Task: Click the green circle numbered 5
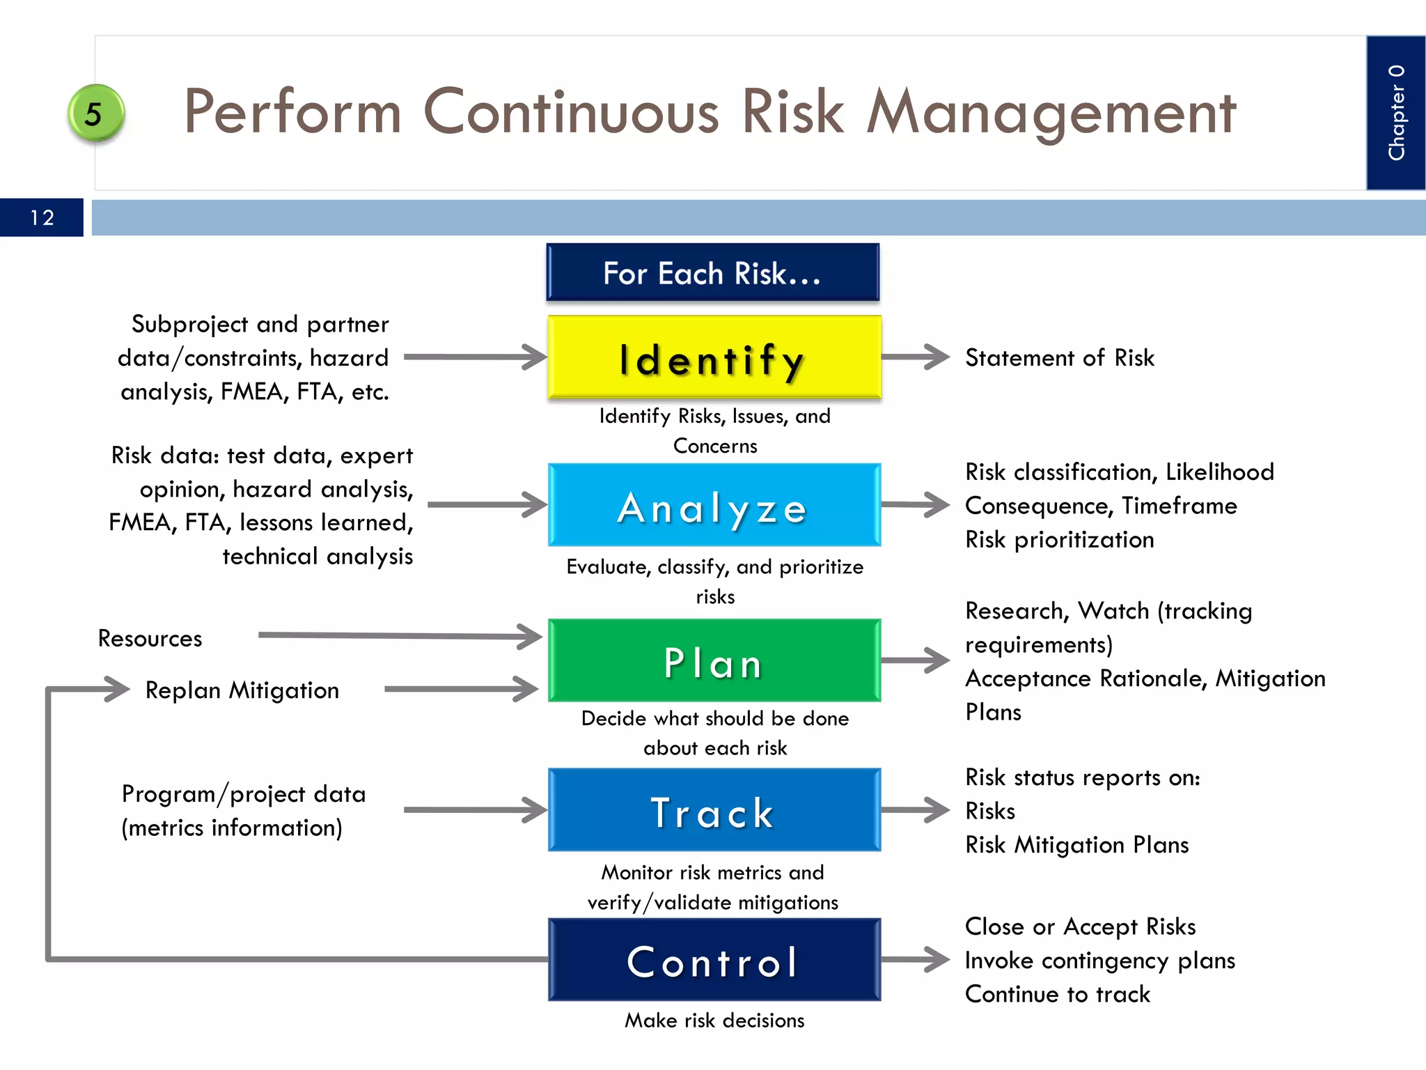pos(95,113)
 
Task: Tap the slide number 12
pos(42,217)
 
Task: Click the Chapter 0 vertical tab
pos(1395,113)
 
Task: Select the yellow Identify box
pos(714,357)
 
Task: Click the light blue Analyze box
pos(714,505)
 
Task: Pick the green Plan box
pos(714,660)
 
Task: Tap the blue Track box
pos(714,810)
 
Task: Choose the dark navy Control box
pos(714,960)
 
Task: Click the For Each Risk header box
pos(712,272)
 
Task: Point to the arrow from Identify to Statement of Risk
pos(915,357)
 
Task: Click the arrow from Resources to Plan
pos(400,635)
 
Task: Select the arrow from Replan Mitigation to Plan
pos(461,689)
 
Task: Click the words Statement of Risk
pos(1059,357)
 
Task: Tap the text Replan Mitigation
pos(242,690)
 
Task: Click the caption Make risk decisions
pos(714,1020)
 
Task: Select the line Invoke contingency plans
pos(1099,960)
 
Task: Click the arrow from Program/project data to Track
pos(475,809)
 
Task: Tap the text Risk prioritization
pos(1059,539)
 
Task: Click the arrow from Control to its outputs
pos(915,959)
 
